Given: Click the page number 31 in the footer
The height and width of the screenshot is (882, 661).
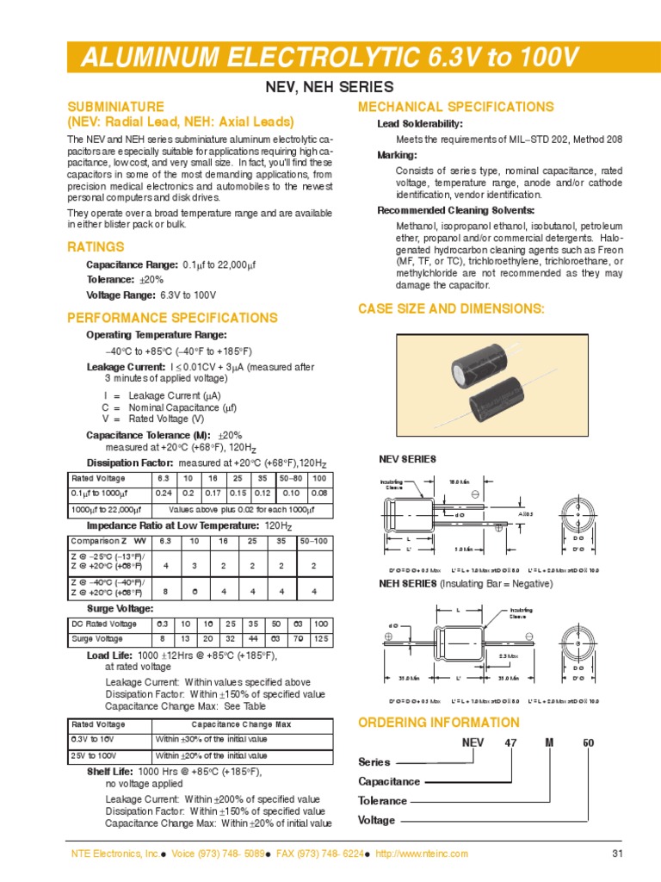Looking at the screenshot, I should (592, 854).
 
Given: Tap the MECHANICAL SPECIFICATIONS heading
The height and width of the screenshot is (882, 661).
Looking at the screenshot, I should (455, 107).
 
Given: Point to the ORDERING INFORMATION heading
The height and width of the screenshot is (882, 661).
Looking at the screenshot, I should (438, 722).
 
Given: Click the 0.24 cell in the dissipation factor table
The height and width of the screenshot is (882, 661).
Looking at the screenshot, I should (162, 494).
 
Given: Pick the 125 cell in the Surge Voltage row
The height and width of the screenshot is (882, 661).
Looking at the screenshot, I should (319, 638).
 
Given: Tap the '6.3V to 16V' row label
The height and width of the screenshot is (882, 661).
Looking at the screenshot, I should (91, 740).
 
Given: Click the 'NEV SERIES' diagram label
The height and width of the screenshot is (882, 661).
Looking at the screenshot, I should (407, 459).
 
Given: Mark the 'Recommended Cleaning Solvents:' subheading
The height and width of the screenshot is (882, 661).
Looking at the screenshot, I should (455, 211).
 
